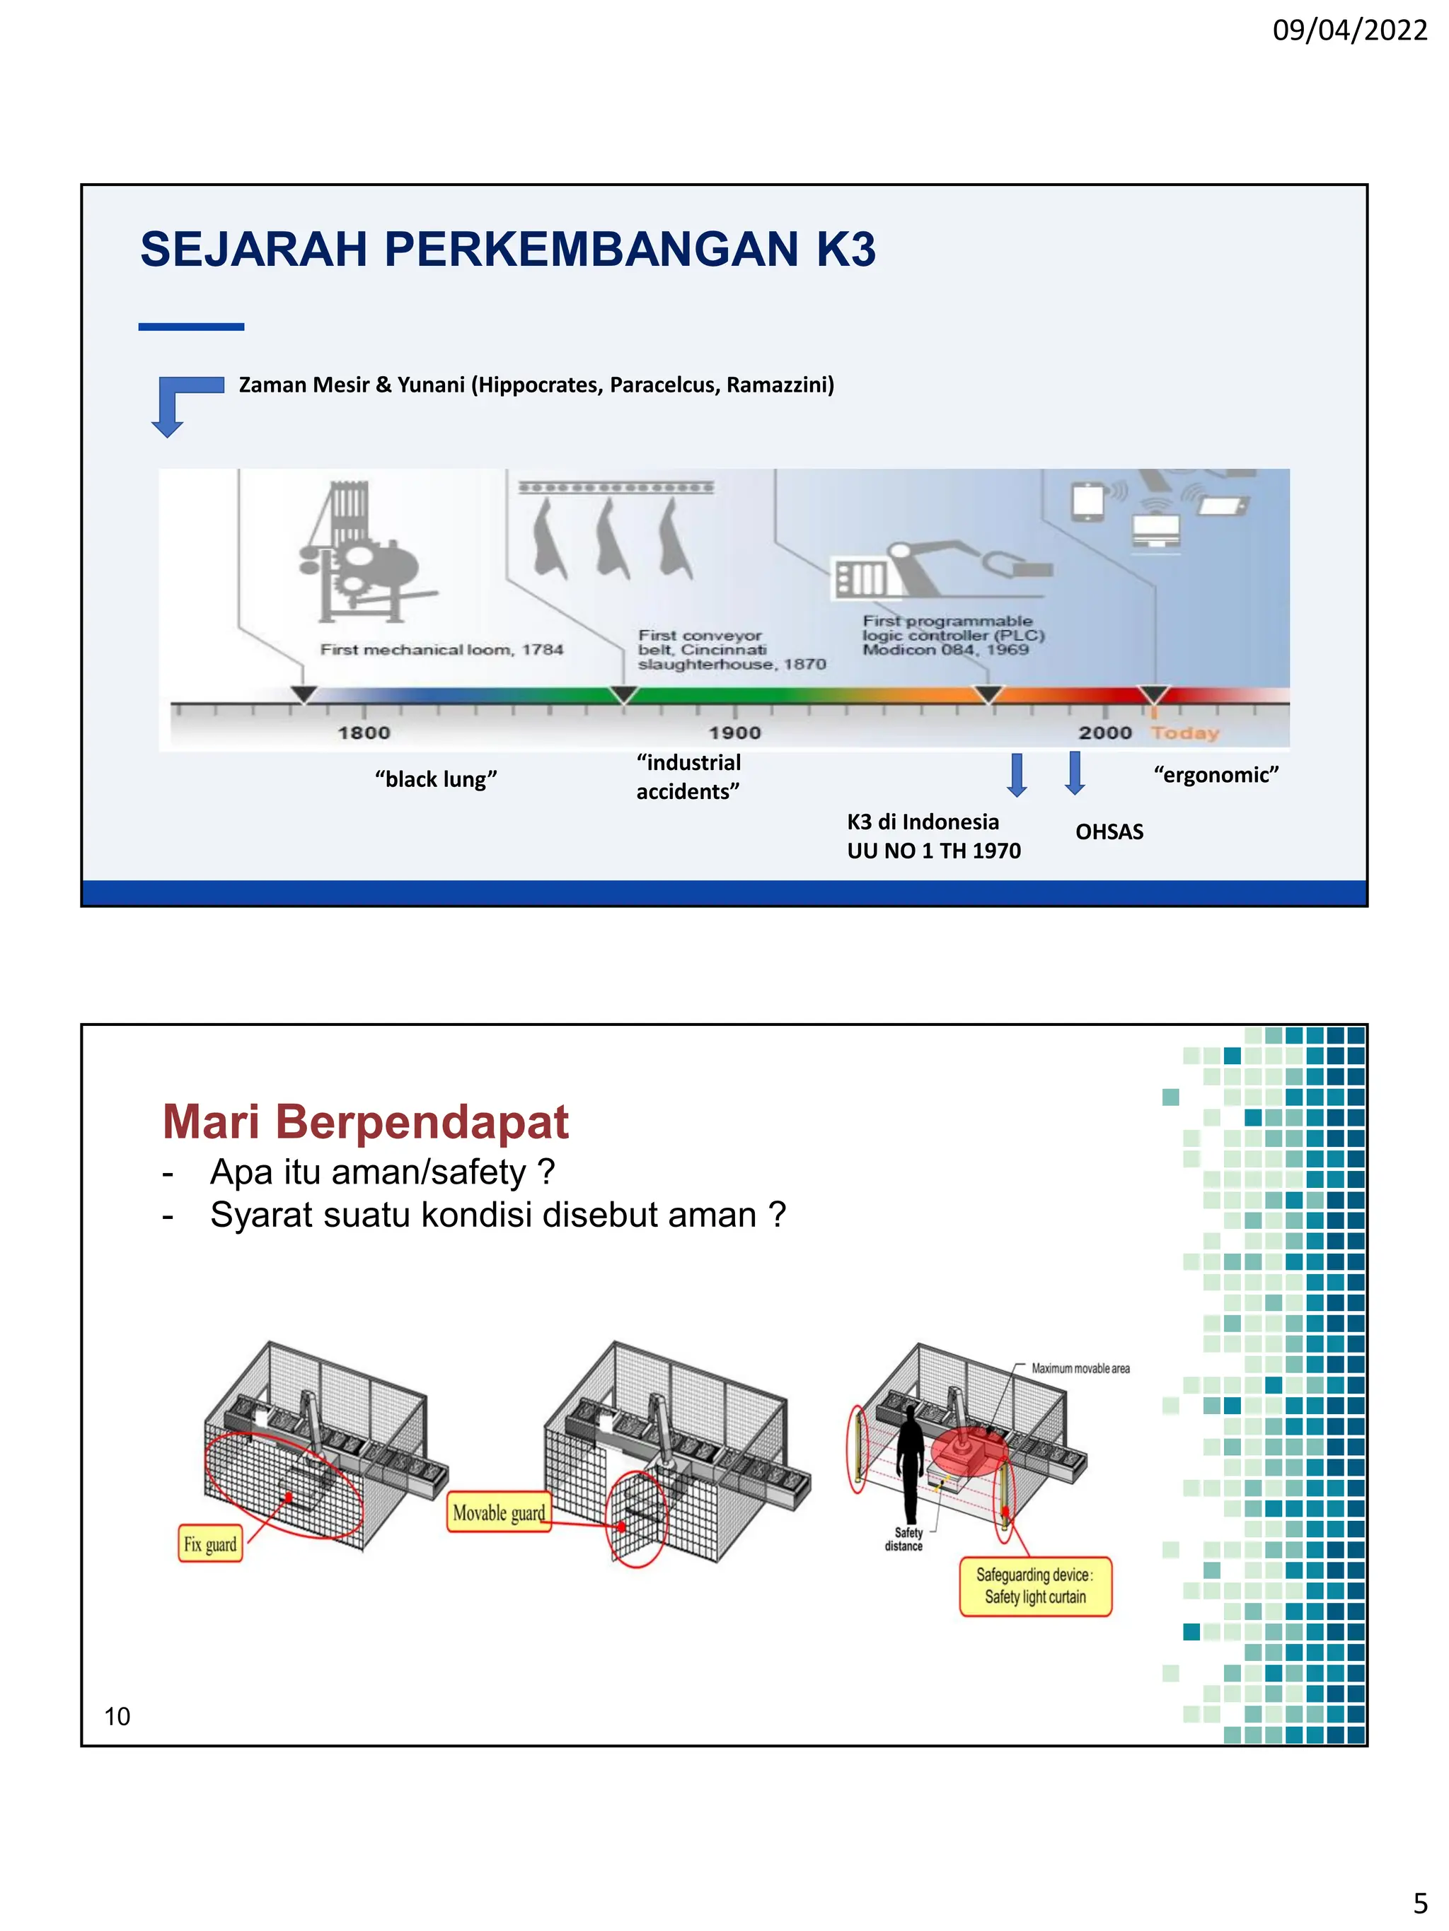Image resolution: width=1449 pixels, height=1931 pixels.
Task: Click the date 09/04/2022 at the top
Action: (1349, 30)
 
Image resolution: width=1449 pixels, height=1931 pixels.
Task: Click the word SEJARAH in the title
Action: (253, 250)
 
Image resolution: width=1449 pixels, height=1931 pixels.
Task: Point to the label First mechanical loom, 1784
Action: (441, 650)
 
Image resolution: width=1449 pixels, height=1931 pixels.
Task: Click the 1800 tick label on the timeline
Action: (364, 733)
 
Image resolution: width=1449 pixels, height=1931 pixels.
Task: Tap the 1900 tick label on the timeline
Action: (734, 733)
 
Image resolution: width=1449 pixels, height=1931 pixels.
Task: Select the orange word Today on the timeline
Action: (1184, 733)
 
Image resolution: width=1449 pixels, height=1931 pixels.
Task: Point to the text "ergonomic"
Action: (1215, 774)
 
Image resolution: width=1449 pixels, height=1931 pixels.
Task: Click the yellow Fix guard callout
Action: (209, 1544)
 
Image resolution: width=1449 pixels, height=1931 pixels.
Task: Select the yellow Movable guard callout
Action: (499, 1513)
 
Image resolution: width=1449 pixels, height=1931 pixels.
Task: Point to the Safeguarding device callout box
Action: (1035, 1586)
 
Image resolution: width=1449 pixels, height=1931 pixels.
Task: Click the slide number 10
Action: (117, 1716)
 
